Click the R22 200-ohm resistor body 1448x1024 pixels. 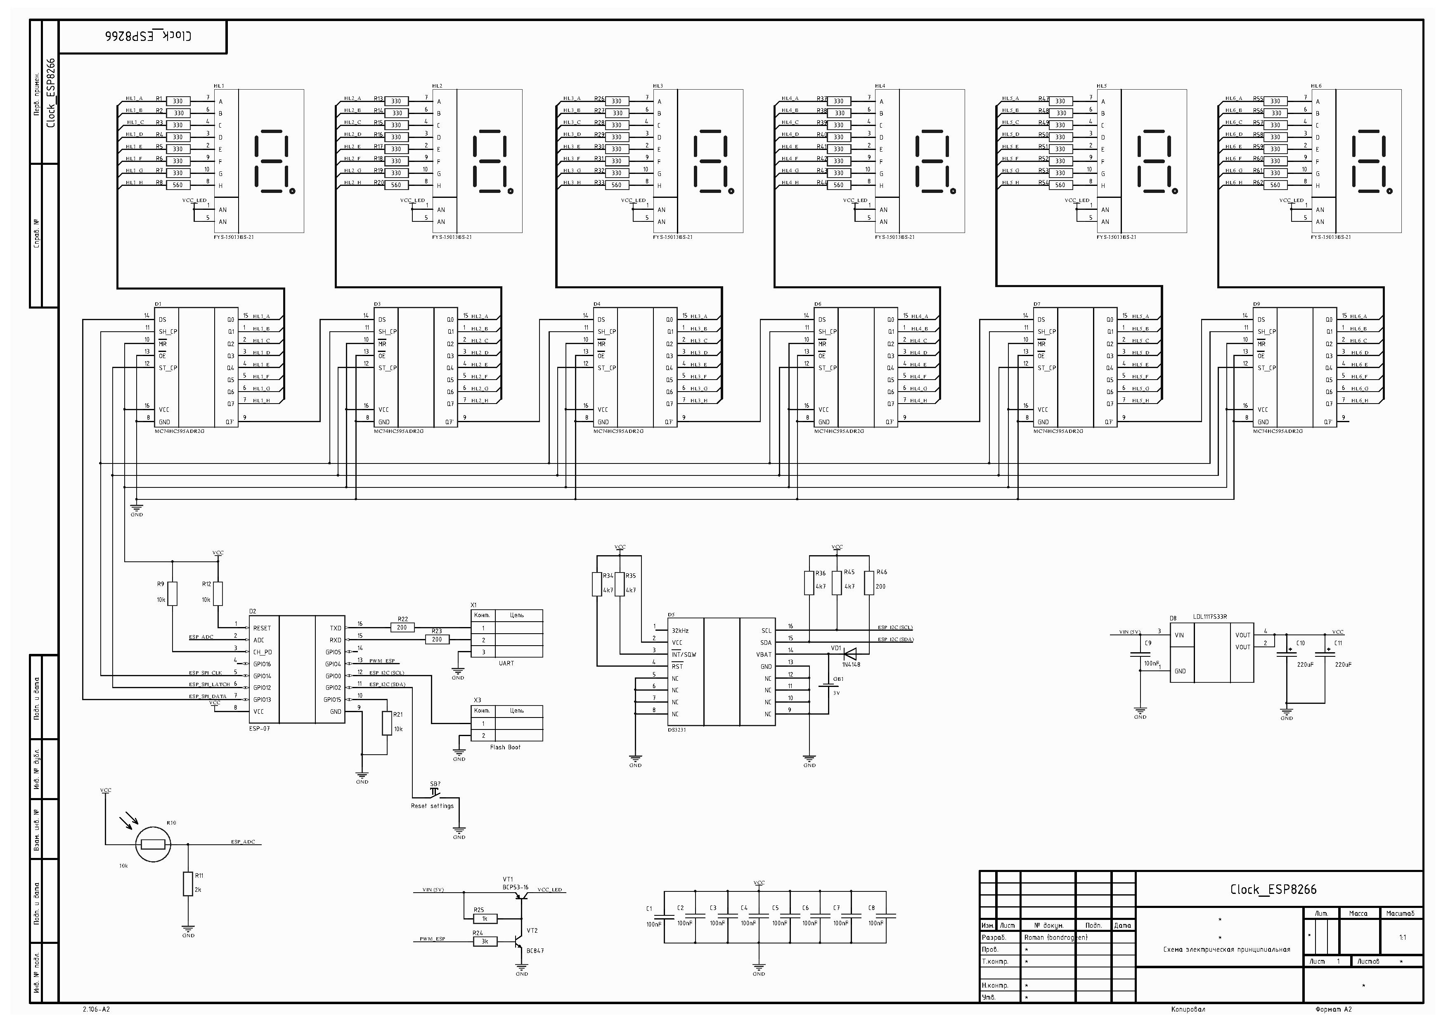click(x=402, y=628)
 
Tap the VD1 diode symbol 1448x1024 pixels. click(x=849, y=654)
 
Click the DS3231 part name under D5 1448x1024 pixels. click(x=677, y=729)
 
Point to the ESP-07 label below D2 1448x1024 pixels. click(x=259, y=728)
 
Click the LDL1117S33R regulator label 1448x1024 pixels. click(x=1209, y=617)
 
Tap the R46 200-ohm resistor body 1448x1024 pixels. click(x=869, y=582)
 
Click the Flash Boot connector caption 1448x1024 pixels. click(x=505, y=747)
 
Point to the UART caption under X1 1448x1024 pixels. click(x=506, y=663)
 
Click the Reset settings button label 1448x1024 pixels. click(x=432, y=806)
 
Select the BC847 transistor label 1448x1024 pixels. click(x=535, y=950)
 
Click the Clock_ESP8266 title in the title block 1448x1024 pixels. click(x=1273, y=890)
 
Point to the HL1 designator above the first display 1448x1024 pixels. click(x=219, y=86)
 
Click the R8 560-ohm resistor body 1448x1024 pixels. click(x=178, y=185)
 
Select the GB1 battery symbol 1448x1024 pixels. click(x=827, y=685)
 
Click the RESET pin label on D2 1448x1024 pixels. click(x=262, y=628)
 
